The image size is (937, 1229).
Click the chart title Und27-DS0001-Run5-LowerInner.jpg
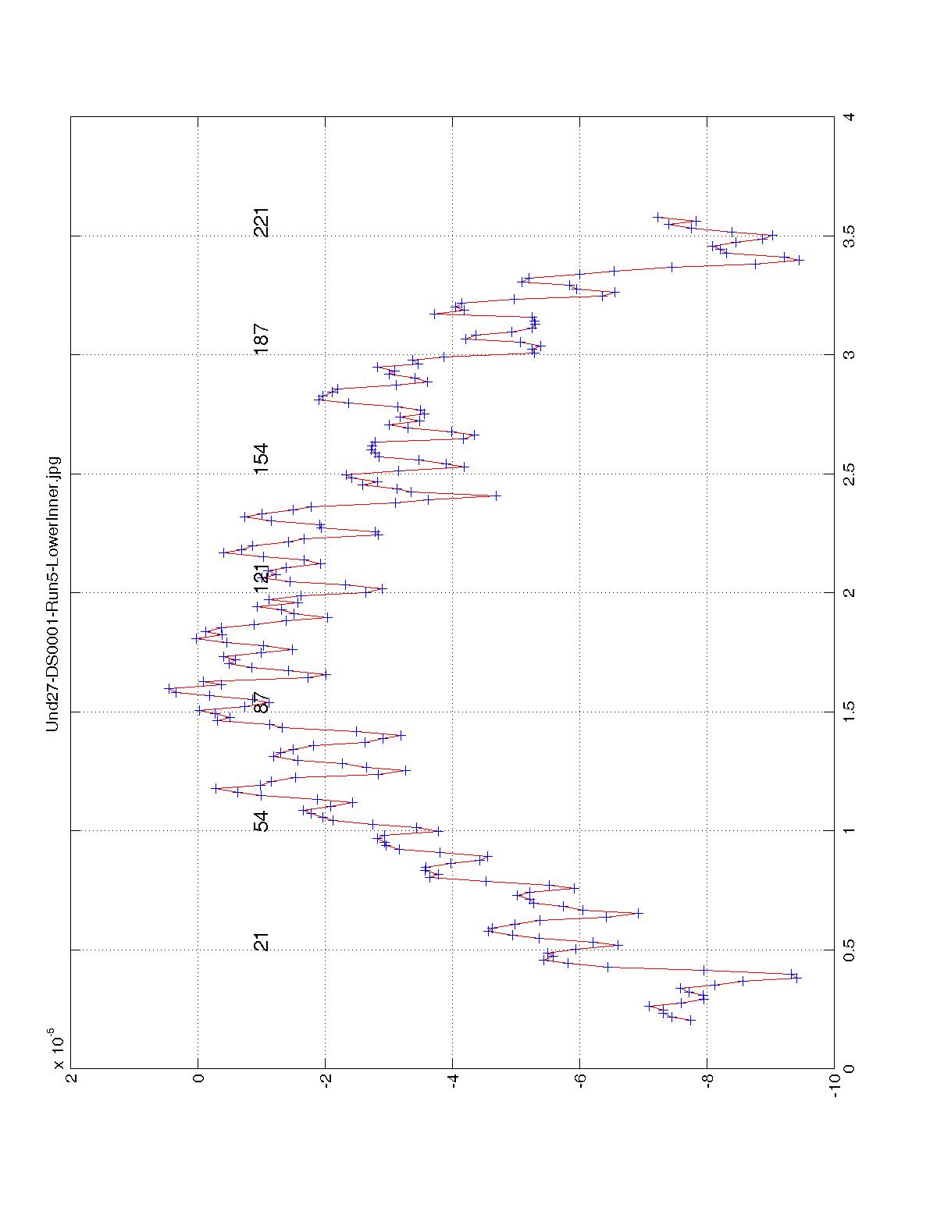[x=52, y=594]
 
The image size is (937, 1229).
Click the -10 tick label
[x=835, y=1084]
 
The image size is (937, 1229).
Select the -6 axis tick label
[x=579, y=1084]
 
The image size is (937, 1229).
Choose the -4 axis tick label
[x=452, y=1084]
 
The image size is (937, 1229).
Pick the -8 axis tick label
[x=707, y=1084]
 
